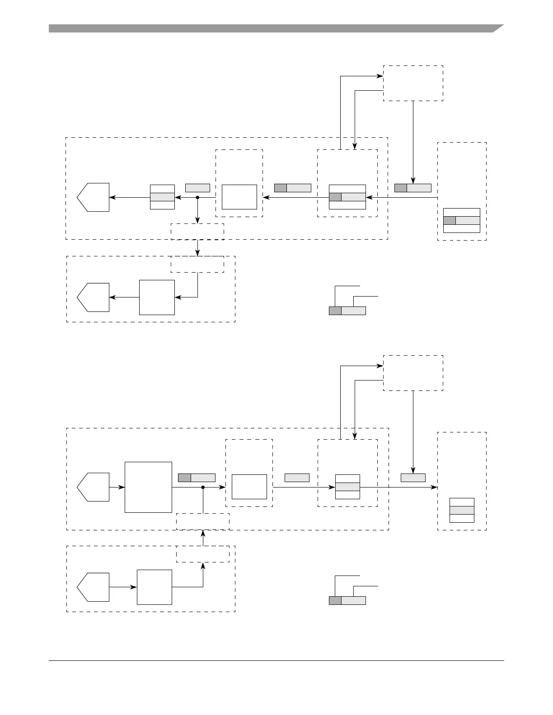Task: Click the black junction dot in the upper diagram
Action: click(197, 197)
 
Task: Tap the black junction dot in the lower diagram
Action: click(203, 487)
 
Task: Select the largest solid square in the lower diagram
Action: click(148, 487)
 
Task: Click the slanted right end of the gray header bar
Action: click(497, 28)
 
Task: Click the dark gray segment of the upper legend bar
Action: click(335, 311)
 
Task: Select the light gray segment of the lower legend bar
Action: click(353, 600)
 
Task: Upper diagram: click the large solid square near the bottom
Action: click(157, 297)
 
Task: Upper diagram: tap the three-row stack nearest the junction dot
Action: click(162, 197)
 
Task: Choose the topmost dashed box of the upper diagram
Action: click(413, 83)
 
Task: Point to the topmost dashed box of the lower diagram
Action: click(413, 373)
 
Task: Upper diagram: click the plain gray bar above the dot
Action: click(197, 188)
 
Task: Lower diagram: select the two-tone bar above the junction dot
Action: click(197, 478)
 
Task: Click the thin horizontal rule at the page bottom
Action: click(276, 661)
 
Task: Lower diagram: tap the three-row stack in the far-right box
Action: click(462, 510)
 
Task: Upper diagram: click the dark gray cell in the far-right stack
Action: click(450, 220)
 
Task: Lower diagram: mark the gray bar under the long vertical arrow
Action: click(413, 478)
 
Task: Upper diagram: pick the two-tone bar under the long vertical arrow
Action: click(413, 188)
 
